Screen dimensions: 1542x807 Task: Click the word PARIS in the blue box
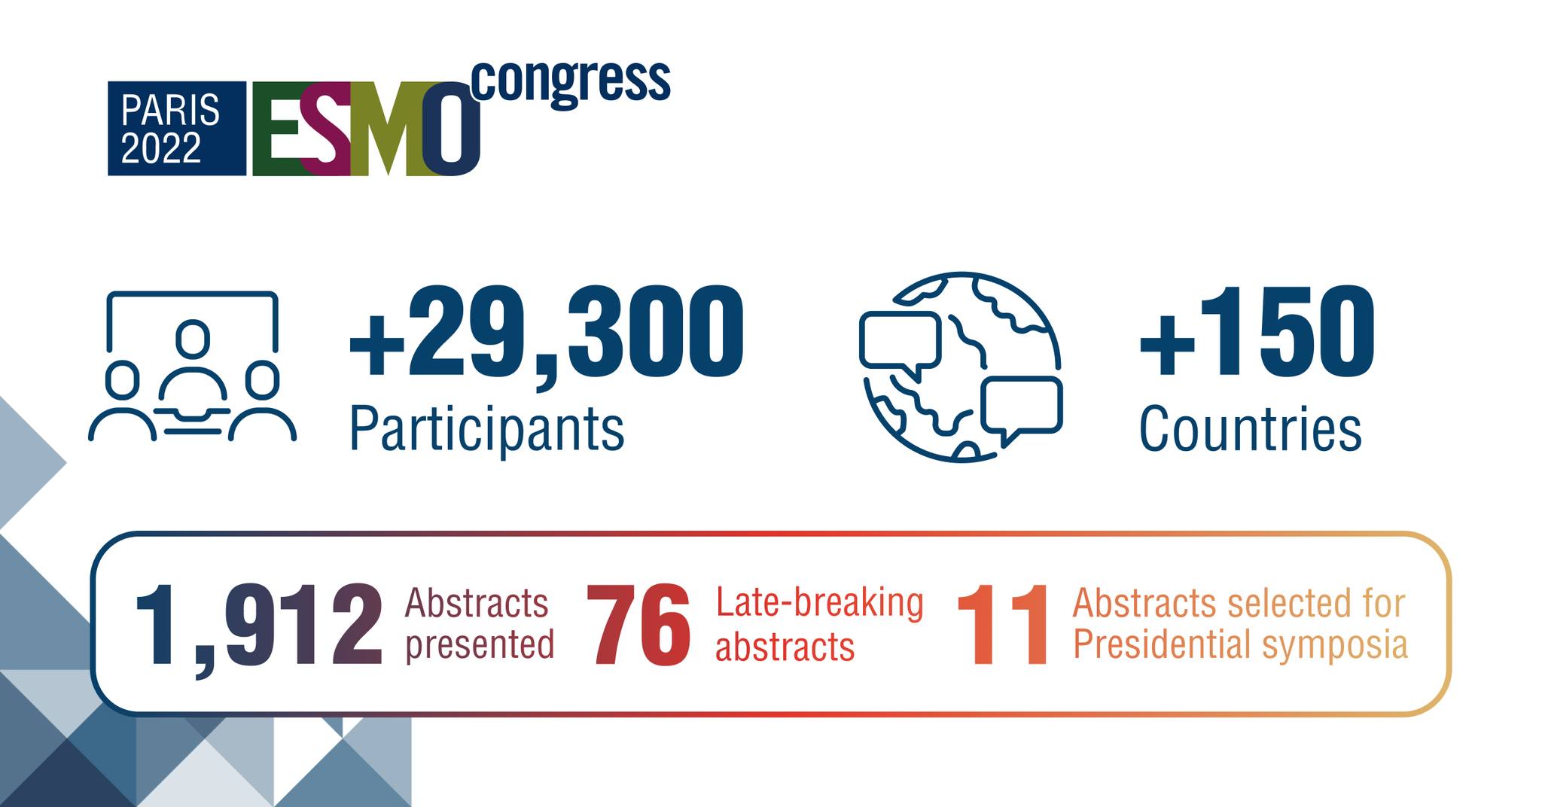coord(170,111)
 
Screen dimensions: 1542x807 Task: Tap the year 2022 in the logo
coord(161,148)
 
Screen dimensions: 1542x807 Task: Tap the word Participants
coord(487,430)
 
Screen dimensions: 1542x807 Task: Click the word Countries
coord(1250,428)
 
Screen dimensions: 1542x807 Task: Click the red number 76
coord(638,626)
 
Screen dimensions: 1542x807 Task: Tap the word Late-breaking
coord(819,603)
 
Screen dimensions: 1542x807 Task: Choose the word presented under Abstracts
coord(480,647)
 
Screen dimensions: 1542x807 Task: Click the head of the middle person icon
coord(193,339)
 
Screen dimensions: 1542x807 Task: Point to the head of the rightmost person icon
coord(262,380)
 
